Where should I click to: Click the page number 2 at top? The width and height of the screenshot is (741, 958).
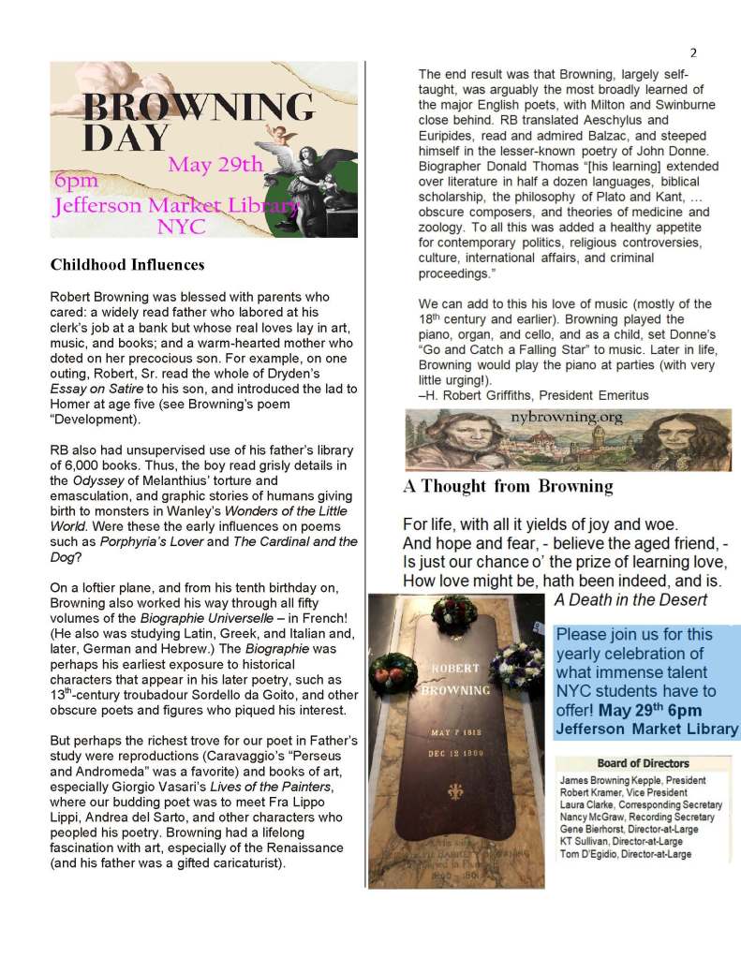(693, 52)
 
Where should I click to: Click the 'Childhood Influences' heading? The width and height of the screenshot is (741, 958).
(127, 265)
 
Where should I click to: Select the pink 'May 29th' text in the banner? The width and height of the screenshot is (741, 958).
(216, 165)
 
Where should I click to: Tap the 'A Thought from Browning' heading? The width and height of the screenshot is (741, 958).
(508, 486)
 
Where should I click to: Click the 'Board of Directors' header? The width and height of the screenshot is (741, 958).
(643, 763)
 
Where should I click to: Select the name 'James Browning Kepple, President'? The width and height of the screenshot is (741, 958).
(631, 780)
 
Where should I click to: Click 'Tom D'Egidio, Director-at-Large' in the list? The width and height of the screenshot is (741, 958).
(625, 854)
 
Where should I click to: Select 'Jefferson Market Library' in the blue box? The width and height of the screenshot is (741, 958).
(647, 729)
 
